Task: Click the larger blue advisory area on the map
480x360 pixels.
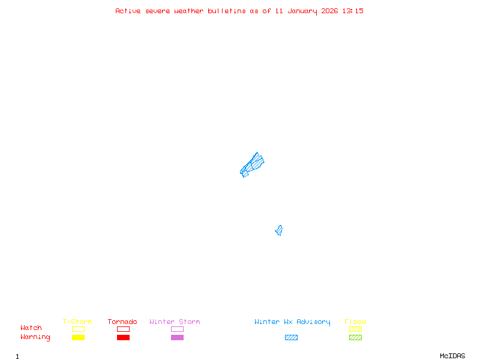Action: coord(252,164)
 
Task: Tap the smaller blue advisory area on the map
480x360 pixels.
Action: coord(279,230)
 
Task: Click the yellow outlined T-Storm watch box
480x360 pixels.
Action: coord(78,329)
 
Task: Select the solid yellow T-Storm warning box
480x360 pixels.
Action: coord(78,337)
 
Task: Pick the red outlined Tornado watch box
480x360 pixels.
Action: coord(123,329)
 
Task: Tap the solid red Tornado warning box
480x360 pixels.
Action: coord(123,337)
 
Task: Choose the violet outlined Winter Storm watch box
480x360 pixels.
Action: coord(177,329)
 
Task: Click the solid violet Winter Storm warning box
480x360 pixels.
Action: coord(177,337)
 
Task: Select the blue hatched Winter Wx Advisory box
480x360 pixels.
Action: coord(291,337)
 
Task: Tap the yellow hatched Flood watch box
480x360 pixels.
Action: coord(355,329)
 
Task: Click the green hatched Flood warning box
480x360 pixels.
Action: coord(355,337)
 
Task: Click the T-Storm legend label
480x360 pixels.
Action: coord(77,322)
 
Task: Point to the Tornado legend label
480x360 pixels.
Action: coord(122,322)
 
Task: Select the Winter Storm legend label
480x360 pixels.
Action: coord(175,322)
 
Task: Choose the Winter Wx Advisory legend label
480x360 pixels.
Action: coord(292,322)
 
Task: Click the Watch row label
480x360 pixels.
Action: coord(31,328)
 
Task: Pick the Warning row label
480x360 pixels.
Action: coord(35,337)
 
